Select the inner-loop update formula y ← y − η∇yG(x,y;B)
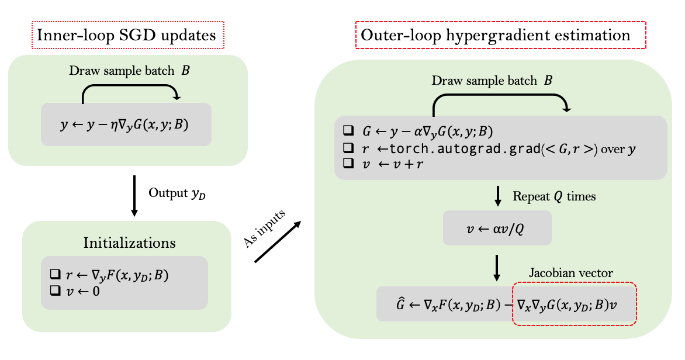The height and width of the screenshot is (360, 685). coord(126,125)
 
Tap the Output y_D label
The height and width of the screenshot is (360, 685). coord(177,193)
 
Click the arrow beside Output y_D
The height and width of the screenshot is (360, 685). coord(134,195)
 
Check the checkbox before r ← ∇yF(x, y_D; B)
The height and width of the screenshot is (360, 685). coord(56,274)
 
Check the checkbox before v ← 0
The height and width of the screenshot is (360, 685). coord(56,290)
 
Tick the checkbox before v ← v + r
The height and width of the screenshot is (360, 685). coord(349,164)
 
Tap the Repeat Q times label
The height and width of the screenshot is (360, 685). coord(553,196)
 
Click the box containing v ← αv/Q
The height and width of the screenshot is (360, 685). coord(497,228)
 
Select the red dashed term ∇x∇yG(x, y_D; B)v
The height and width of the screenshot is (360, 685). coord(573,304)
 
